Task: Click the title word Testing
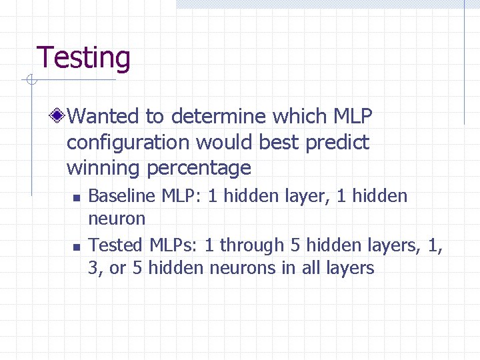coord(83,58)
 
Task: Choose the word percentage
coord(199,168)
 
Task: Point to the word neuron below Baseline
coord(117,219)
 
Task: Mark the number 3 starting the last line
coord(93,269)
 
